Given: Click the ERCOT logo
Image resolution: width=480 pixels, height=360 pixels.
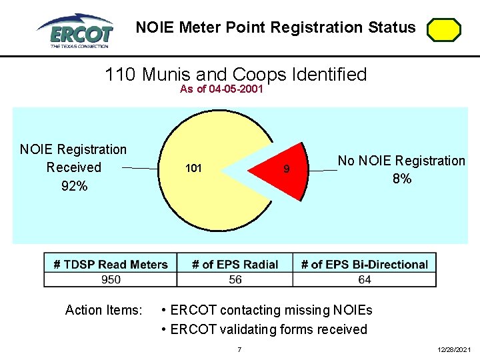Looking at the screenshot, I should pos(75,30).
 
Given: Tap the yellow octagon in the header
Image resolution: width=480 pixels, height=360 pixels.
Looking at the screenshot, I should pos(443,31).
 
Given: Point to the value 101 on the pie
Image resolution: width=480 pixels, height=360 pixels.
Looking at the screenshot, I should pos(193,169).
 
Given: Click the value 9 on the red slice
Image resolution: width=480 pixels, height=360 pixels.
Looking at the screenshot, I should pos(286,169).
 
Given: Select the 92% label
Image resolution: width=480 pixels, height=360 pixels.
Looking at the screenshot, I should pos(73,186).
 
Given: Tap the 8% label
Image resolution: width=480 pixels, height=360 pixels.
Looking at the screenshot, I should pos(401,179).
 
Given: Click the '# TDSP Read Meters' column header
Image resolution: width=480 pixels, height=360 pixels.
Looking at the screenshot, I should pos(111,265).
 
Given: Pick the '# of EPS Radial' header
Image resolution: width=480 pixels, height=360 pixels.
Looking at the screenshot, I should pos(235,265).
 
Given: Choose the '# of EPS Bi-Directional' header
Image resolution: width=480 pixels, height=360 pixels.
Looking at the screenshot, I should pos(364,265).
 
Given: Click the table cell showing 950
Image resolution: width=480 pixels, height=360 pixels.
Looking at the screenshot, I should pos(111,279).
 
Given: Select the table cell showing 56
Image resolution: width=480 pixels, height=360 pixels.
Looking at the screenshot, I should pos(235,279).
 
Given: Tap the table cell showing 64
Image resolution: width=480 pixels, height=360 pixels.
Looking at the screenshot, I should pos(364,279).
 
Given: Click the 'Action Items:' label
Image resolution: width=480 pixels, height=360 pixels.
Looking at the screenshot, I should pos(103,310).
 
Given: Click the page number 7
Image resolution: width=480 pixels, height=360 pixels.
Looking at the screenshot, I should pos(239,350).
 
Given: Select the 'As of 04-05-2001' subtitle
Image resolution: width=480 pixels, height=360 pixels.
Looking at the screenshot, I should pos(221,89).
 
